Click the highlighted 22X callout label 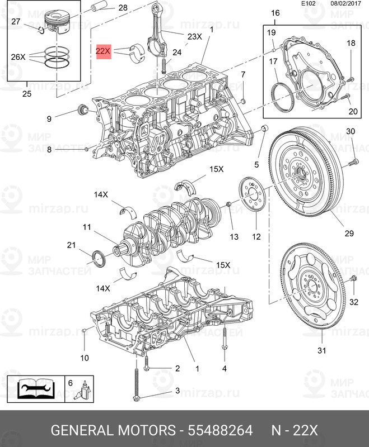pyautogui.click(x=104, y=52)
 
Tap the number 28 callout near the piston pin pyautogui.click(x=123, y=8)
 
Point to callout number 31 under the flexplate pyautogui.click(x=321, y=350)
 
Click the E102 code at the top pyautogui.click(x=309, y=3)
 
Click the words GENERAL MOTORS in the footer pyautogui.click(x=113, y=430)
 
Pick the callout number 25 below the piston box pyautogui.click(x=27, y=93)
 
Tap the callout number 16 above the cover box pyautogui.click(x=275, y=13)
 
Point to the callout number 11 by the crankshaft pyautogui.click(x=87, y=227)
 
